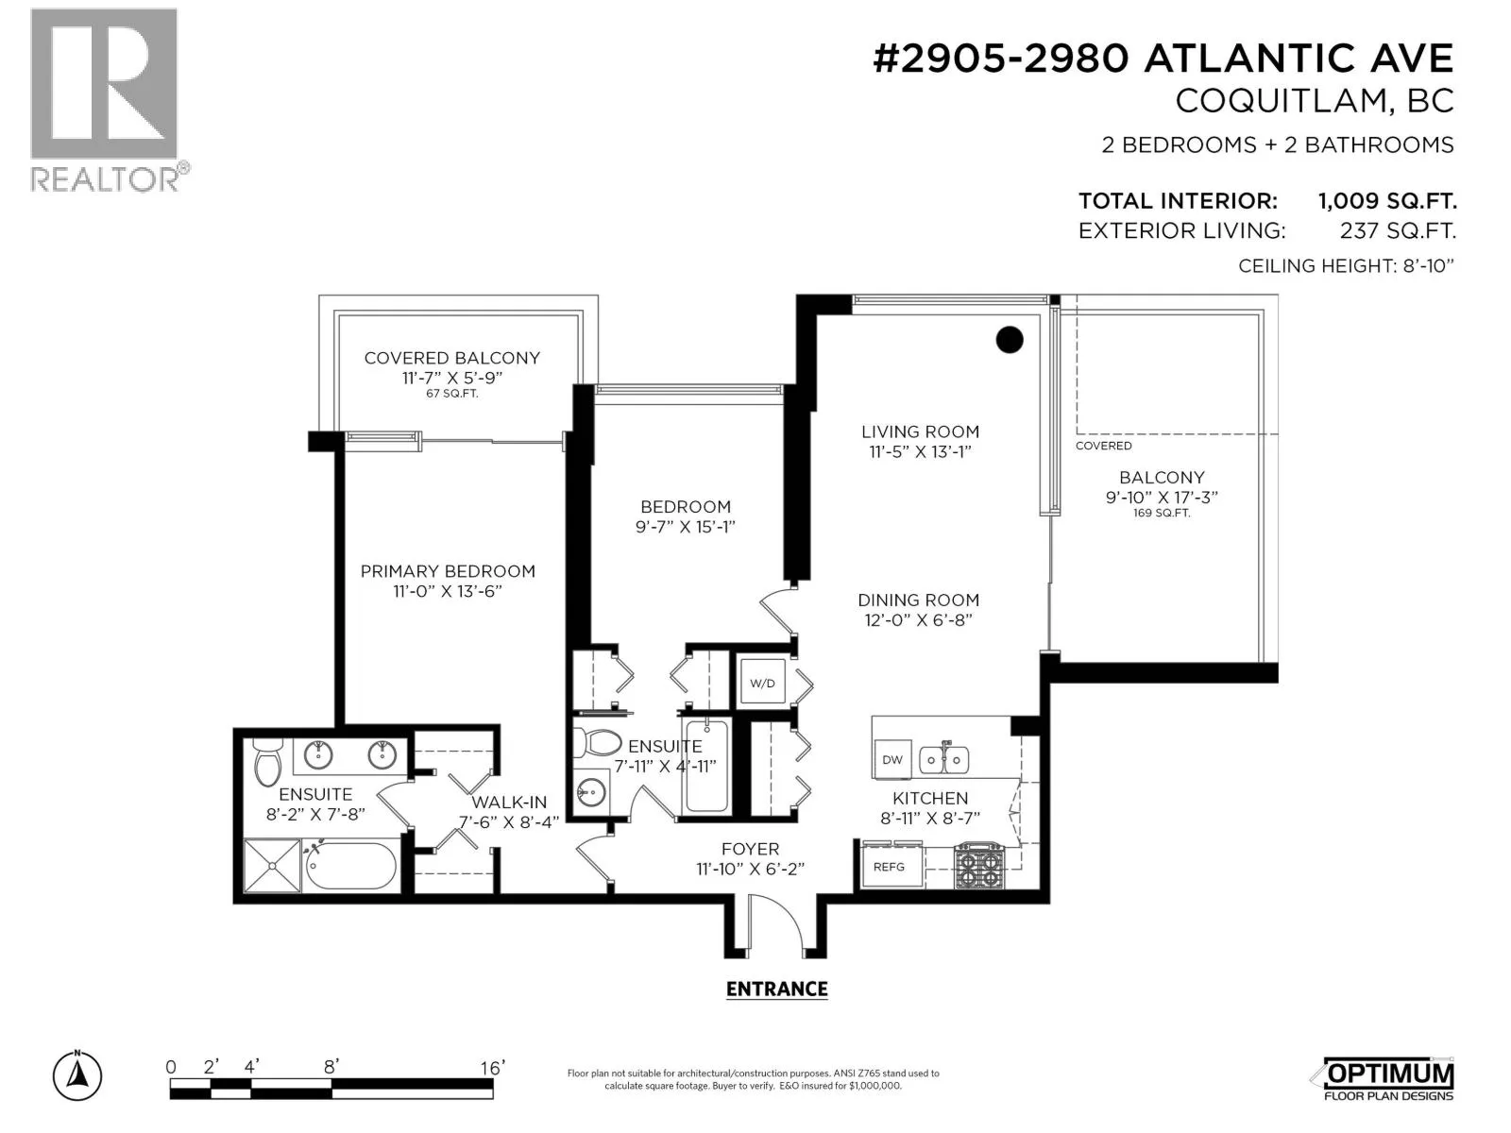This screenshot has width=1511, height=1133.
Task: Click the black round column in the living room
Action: tap(1010, 340)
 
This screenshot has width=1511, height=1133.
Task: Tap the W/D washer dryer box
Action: tap(762, 683)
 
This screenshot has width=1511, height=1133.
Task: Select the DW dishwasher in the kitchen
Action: tap(892, 759)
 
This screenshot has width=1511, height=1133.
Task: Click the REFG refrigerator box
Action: tap(889, 867)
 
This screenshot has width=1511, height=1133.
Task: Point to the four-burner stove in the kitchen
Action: tap(979, 866)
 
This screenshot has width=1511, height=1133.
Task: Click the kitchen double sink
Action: tap(944, 759)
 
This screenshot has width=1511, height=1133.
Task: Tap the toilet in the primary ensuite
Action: tap(268, 762)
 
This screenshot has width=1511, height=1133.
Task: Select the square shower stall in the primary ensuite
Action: tap(273, 866)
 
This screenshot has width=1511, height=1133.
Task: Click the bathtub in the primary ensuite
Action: tap(350, 866)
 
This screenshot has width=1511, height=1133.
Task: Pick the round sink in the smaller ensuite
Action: tap(590, 792)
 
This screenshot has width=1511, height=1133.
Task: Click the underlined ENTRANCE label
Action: tap(776, 989)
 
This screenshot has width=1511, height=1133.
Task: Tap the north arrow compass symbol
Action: tap(77, 1075)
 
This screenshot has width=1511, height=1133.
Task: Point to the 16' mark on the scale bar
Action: tap(493, 1067)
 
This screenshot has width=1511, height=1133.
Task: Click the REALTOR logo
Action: tap(108, 100)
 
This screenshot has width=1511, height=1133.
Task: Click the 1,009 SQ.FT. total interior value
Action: tap(1387, 201)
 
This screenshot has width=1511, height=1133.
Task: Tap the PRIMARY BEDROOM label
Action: tap(448, 571)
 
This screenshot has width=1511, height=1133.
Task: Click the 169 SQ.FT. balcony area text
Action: tap(1162, 514)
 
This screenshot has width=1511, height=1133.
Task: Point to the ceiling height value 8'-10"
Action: tap(1429, 265)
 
